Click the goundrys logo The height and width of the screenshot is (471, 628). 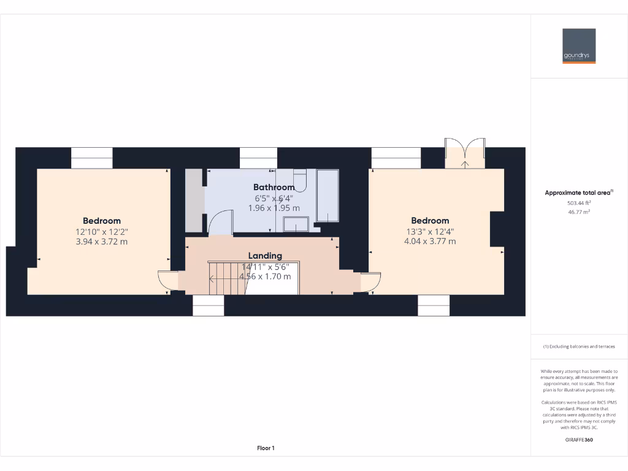(579, 46)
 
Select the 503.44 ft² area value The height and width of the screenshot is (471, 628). (579, 202)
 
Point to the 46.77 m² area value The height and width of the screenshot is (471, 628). (579, 212)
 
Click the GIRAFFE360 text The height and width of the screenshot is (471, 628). (579, 439)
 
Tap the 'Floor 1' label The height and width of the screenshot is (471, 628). (266, 448)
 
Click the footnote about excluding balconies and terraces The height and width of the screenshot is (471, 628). (579, 347)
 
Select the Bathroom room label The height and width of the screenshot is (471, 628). (274, 187)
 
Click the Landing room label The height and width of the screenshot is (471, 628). (265, 256)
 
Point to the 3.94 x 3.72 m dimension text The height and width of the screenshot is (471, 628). (102, 242)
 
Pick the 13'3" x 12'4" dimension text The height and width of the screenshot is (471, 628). (430, 231)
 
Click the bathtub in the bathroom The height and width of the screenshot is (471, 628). (327, 196)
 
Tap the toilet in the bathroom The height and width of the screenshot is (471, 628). (299, 178)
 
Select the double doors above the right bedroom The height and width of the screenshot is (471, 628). (465, 153)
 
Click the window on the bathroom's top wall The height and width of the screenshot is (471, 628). (258, 158)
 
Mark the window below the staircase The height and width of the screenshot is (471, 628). (209, 305)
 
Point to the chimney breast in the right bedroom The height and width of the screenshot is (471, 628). (497, 229)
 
